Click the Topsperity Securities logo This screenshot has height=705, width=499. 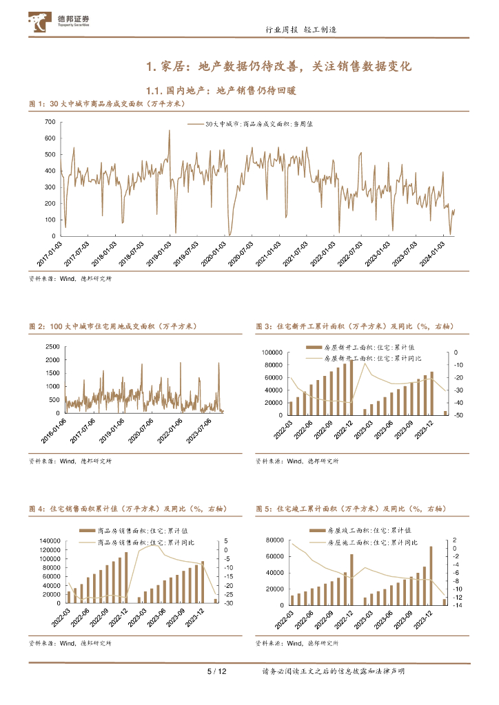click(52, 23)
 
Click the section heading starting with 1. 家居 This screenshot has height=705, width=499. click(278, 67)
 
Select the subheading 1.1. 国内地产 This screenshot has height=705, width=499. click(221, 90)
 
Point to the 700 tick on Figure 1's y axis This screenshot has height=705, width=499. click(50, 122)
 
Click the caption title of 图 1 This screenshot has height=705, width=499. click(108, 103)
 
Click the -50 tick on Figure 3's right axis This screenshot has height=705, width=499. click(458, 415)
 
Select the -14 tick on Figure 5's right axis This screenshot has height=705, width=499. click(456, 605)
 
